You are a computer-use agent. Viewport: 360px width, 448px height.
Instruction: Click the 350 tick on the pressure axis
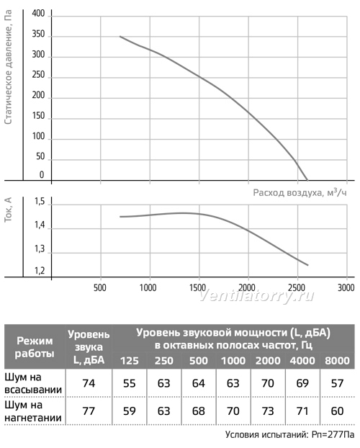(x=38, y=35)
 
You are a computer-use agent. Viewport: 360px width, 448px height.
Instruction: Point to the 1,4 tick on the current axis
(x=40, y=225)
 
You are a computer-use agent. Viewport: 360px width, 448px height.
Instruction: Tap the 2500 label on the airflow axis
(x=297, y=287)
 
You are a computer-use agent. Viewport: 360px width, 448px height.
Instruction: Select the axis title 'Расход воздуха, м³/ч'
(x=300, y=192)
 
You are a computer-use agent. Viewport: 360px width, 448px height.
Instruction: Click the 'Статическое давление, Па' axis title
(x=9, y=67)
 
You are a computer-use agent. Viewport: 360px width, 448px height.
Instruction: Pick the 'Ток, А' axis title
(x=9, y=210)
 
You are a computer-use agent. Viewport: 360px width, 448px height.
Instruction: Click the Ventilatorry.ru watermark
(x=256, y=296)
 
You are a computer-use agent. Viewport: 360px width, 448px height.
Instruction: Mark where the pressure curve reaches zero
(x=307, y=180)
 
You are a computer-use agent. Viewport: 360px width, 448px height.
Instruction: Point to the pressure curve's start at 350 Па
(x=120, y=36)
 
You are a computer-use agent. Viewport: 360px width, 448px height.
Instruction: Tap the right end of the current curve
(x=308, y=265)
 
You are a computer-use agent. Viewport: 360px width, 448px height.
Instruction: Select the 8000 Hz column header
(x=337, y=361)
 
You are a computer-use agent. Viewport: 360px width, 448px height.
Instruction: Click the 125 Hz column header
(x=130, y=361)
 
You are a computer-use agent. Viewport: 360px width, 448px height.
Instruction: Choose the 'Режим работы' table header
(x=35, y=347)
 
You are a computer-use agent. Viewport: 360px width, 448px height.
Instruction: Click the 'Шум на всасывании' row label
(x=33, y=383)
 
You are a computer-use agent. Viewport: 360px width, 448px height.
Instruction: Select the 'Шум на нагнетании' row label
(x=33, y=411)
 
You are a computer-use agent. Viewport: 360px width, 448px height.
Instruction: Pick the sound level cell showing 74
(x=89, y=383)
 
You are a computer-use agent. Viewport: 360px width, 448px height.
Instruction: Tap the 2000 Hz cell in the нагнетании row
(x=268, y=411)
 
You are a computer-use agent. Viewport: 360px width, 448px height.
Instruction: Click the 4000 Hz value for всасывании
(x=302, y=383)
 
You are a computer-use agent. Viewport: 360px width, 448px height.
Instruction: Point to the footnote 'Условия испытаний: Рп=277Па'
(x=289, y=434)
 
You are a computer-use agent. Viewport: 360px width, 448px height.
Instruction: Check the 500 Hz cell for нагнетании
(x=199, y=411)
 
